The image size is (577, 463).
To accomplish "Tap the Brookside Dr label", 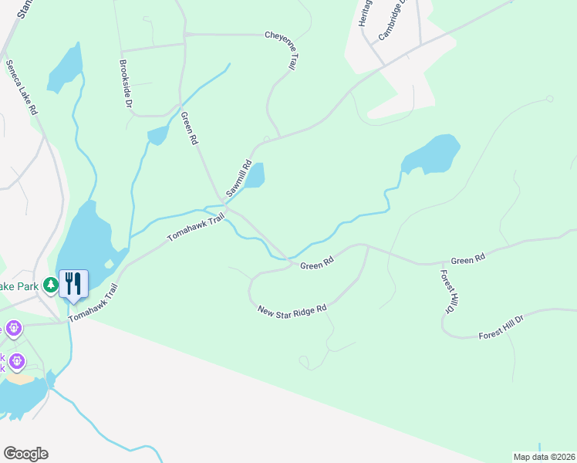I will [x=125, y=82].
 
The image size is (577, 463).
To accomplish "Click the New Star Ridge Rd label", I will [x=292, y=310].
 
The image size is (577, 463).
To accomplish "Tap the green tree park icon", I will [x=51, y=286].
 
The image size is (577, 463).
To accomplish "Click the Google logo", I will [x=25, y=454].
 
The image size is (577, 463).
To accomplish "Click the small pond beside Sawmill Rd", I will [x=255, y=176].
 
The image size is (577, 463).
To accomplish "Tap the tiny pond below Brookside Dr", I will [x=158, y=135].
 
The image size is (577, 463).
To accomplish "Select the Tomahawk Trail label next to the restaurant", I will [x=92, y=303].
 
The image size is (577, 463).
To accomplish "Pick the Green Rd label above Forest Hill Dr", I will [x=467, y=261].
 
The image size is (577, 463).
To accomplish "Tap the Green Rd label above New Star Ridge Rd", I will [x=316, y=265].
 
